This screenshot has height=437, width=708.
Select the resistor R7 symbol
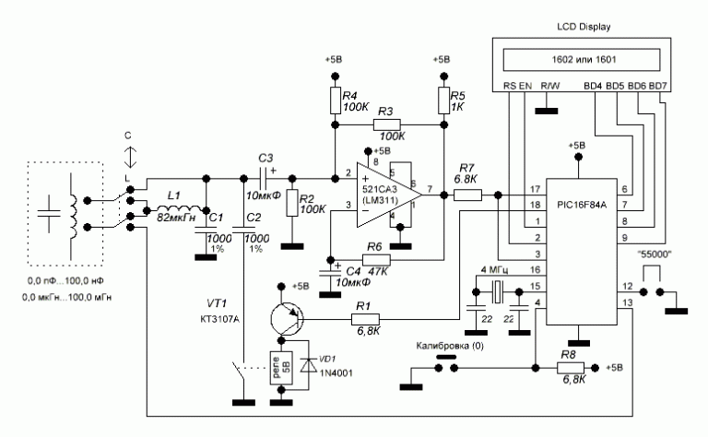tap(467, 195)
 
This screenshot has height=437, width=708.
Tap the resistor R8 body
tap(573, 366)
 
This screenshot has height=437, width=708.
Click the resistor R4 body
tap(333, 99)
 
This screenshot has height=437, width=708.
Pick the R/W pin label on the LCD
tap(550, 86)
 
